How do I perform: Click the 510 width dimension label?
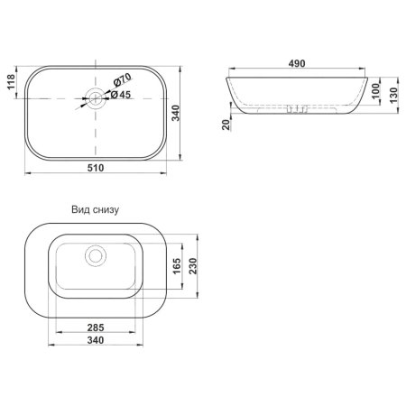[96, 168]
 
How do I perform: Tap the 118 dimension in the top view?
[11, 81]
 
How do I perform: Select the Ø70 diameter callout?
[122, 79]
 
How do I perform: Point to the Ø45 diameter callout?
[121, 95]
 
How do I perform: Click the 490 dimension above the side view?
[297, 63]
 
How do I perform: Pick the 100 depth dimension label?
[376, 90]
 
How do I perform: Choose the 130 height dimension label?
[393, 95]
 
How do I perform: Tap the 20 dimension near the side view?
[226, 125]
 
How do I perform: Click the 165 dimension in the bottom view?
[177, 266]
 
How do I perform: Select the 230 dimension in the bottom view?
[192, 266]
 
